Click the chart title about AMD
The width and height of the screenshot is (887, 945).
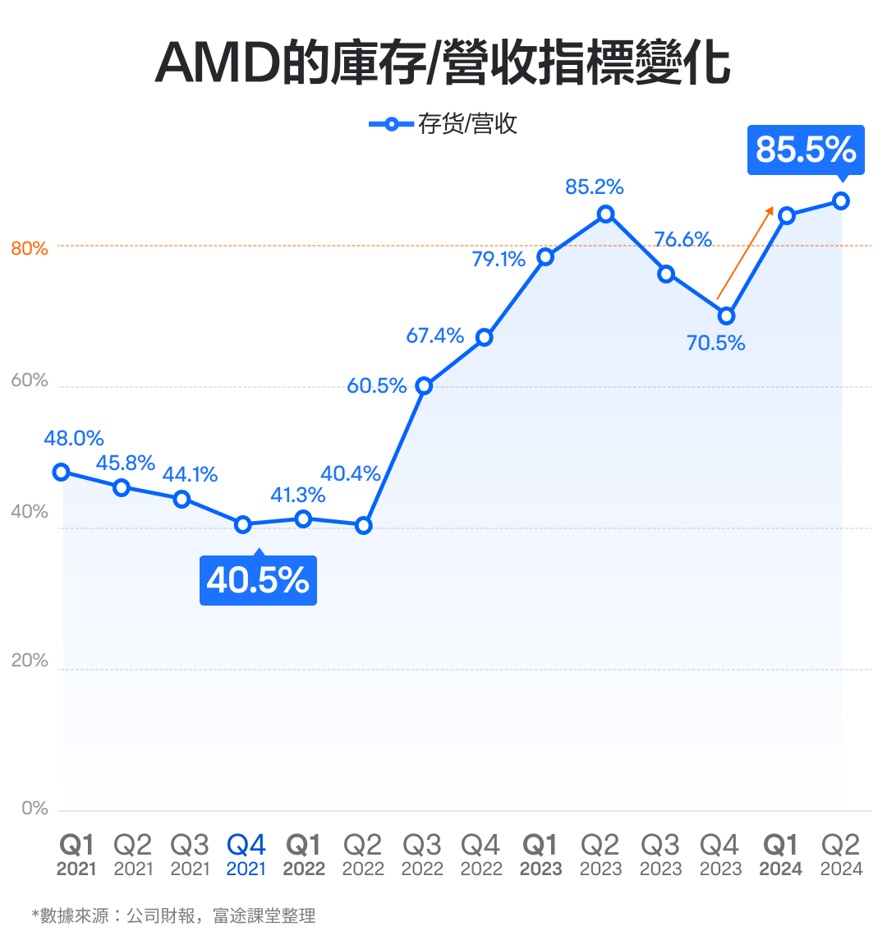[443, 62]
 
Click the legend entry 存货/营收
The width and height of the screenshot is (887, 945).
[443, 124]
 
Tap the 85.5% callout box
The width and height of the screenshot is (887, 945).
[805, 150]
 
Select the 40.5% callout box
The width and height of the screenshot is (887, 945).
[258, 580]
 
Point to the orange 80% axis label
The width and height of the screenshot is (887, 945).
[30, 248]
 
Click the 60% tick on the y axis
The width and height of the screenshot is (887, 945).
[30, 380]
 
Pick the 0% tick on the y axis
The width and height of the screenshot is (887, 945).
[34, 809]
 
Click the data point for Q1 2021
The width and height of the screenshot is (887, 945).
[61, 472]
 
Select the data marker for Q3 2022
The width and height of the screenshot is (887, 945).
[424, 385]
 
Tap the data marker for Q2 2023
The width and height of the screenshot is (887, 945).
[606, 214]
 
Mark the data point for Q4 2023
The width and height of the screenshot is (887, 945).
[726, 316]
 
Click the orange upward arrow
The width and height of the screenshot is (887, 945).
[746, 252]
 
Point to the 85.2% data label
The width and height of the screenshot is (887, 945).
[595, 187]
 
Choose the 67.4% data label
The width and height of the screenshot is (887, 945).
[435, 335]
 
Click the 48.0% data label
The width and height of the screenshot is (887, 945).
[74, 439]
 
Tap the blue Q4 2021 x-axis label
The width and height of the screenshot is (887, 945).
[246, 855]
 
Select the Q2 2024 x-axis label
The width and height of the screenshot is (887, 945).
[841, 855]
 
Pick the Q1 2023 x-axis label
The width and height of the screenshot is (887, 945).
[540, 855]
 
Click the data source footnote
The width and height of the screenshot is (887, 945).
[173, 915]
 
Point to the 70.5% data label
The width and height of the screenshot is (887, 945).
[715, 343]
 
